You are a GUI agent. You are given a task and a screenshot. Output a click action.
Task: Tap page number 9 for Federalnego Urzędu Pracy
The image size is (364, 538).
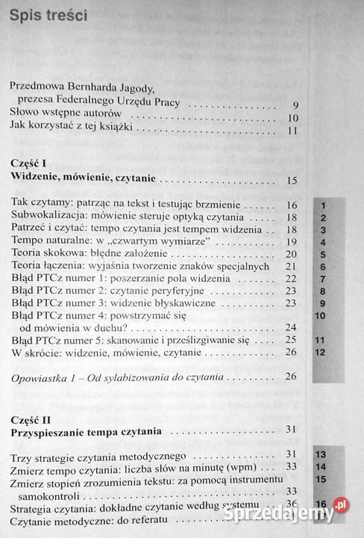[295, 105]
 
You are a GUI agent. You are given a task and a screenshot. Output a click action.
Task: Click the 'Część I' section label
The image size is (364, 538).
[31, 162]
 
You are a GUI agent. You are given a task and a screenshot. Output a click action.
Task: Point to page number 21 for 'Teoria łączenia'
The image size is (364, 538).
[292, 266]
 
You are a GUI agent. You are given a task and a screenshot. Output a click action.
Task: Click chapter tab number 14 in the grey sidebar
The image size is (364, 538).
[323, 467]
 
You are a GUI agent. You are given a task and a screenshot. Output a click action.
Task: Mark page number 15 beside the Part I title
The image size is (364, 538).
[292, 180]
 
